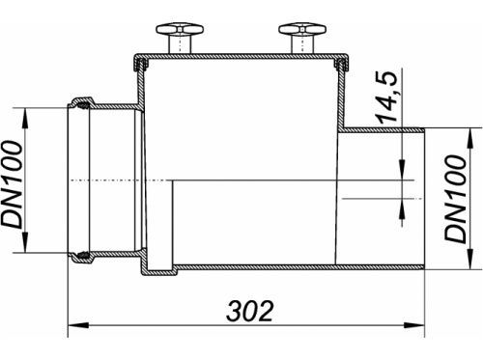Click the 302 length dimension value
(x=250, y=311)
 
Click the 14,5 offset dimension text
(x=387, y=97)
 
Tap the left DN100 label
(x=12, y=184)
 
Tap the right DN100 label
(x=455, y=199)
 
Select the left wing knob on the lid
(x=180, y=30)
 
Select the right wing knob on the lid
(x=302, y=30)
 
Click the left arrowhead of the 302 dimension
(x=78, y=325)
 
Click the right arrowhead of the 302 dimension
(x=414, y=325)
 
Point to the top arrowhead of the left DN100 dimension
(x=25, y=119)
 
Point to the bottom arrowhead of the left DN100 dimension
(x=25, y=242)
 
